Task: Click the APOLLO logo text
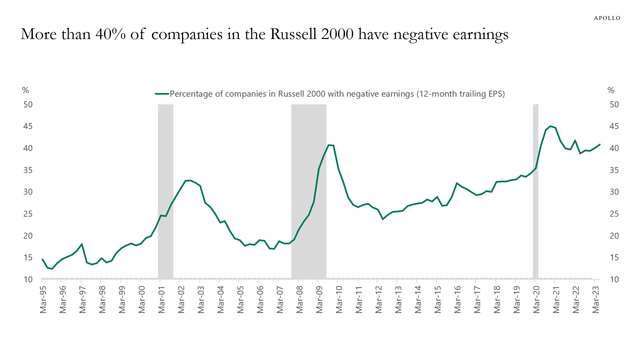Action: (x=607, y=18)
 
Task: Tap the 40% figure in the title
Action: (x=110, y=34)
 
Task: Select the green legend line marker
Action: (x=162, y=94)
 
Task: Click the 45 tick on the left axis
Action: (x=28, y=126)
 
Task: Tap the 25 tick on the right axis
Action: (x=614, y=214)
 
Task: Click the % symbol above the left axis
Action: (x=25, y=90)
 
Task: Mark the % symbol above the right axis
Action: (x=611, y=90)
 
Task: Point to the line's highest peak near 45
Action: (x=550, y=126)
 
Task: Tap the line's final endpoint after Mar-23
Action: (x=600, y=144)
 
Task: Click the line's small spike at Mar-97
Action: (x=82, y=244)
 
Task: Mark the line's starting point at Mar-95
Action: (x=42, y=259)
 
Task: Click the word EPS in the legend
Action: (x=497, y=94)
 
